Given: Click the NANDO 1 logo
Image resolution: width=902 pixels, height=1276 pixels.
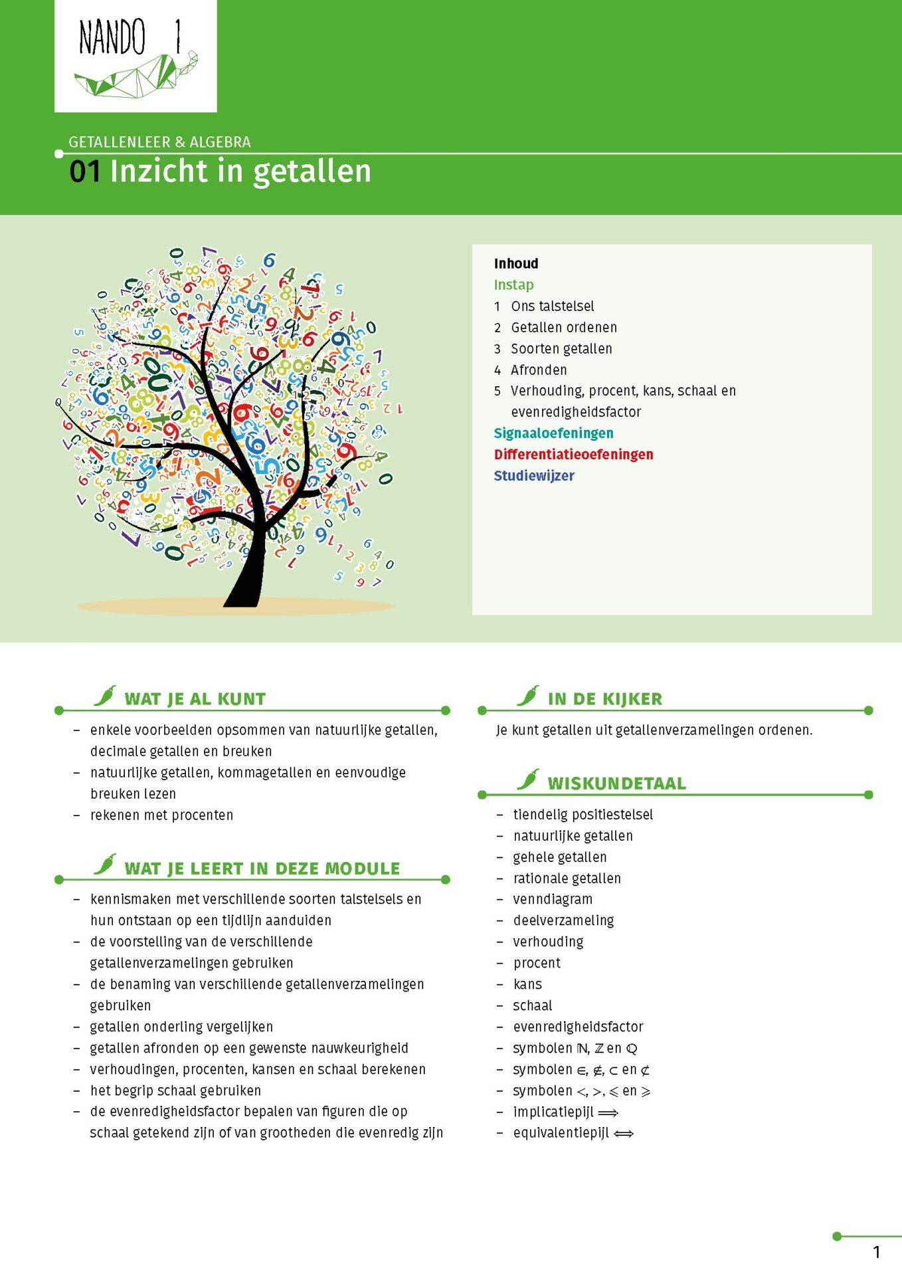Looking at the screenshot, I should click(135, 56).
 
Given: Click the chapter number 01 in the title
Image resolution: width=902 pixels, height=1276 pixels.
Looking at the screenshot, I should click(84, 171).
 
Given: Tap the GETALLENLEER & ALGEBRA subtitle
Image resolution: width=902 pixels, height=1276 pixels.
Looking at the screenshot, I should click(159, 142).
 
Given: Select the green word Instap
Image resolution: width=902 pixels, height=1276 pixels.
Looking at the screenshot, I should click(513, 285).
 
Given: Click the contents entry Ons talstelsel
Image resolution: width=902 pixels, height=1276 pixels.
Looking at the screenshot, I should click(552, 306).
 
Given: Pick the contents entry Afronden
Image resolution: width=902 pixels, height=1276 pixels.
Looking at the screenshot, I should click(538, 370).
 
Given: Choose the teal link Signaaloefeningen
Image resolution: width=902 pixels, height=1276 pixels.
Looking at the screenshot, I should click(553, 433).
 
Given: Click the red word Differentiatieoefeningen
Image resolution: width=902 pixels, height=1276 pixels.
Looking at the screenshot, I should click(573, 455).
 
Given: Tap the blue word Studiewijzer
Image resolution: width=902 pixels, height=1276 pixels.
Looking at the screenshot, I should click(533, 476).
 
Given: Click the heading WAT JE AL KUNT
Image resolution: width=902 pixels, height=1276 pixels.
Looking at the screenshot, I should click(195, 699).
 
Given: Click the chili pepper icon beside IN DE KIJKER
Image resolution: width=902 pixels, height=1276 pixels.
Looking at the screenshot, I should click(528, 696).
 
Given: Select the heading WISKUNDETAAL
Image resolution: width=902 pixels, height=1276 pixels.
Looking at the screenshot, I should click(616, 784).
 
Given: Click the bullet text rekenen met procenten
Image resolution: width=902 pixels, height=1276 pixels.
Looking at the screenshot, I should click(161, 815).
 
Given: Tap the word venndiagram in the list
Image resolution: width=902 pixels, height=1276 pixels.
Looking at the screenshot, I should click(553, 900).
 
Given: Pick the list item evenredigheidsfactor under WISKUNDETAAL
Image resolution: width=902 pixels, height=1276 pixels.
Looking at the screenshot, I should click(578, 1027).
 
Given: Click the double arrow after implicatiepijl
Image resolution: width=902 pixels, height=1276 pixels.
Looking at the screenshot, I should click(608, 1113).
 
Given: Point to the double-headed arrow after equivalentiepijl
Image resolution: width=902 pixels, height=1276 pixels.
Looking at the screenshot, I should click(624, 1134).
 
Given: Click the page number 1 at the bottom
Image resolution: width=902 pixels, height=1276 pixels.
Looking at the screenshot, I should click(876, 1253).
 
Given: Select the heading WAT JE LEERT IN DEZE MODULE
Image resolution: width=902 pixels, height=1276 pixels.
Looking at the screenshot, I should click(262, 869).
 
